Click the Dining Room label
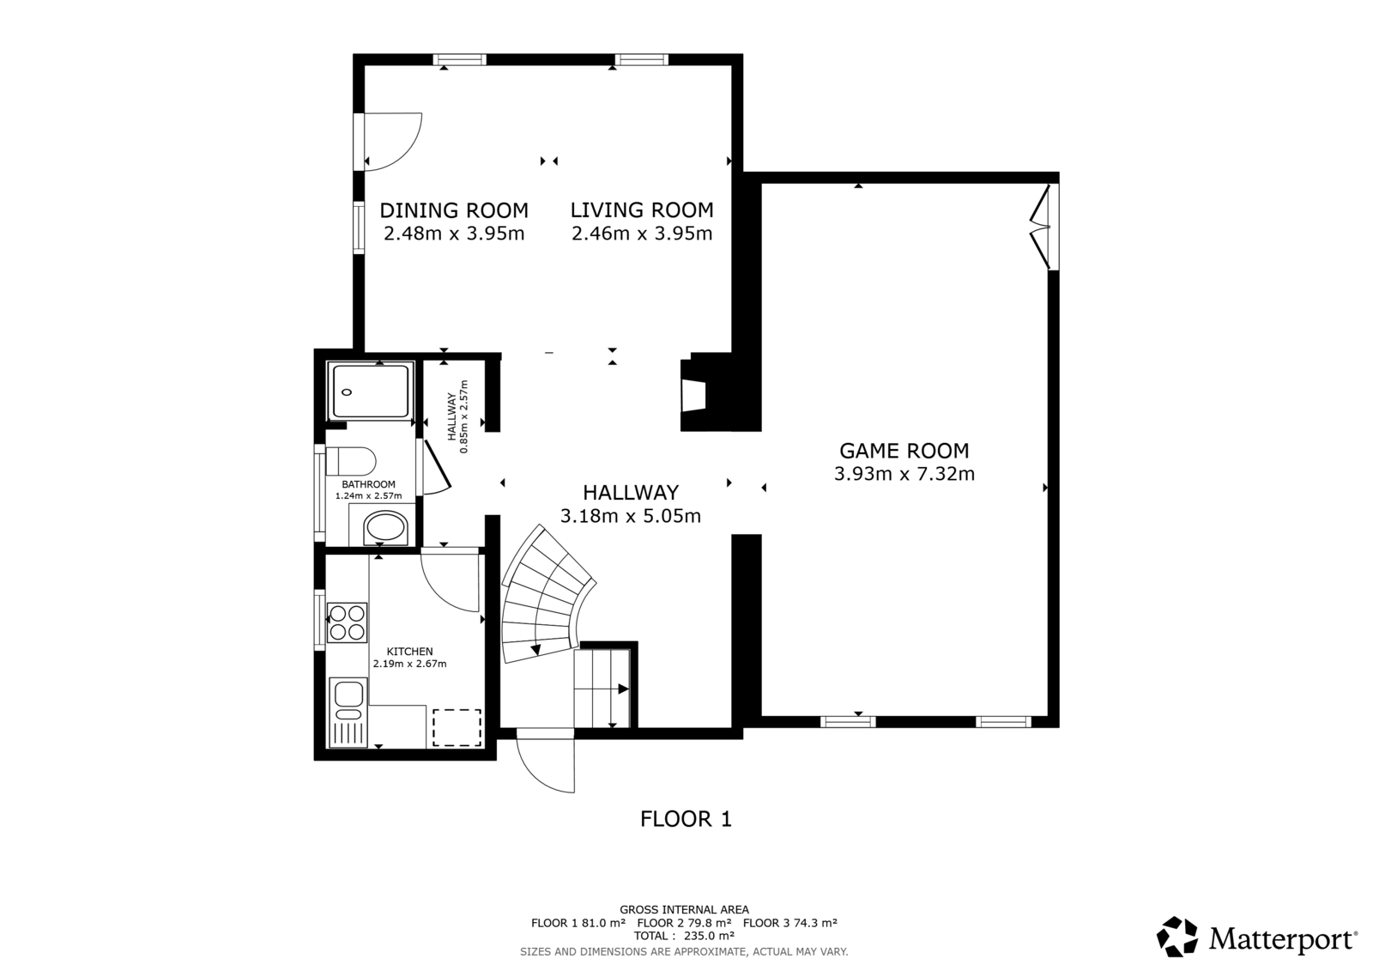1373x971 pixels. pos(454,210)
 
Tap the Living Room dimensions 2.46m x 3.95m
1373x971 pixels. pos(642,234)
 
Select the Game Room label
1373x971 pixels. pos(904,451)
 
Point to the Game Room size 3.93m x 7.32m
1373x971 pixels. pos(904,474)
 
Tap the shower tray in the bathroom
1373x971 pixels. pos(370,391)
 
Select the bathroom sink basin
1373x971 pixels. pos(385,529)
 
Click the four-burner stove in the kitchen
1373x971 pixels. pos(347,622)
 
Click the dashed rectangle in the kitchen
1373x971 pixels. pos(457,728)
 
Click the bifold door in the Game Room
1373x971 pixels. pos(1040,227)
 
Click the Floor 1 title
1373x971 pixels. pos(686,819)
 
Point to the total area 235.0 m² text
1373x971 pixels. pos(684,936)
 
